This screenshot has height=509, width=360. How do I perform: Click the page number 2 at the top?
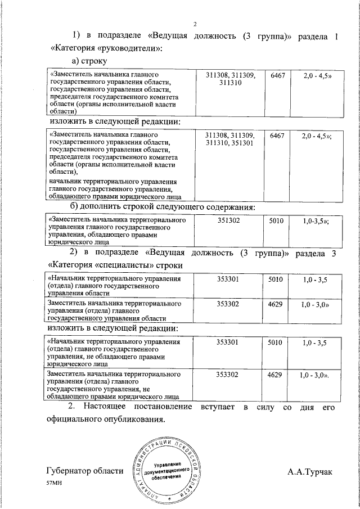point(195,24)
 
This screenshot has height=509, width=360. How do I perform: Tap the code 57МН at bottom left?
point(55,483)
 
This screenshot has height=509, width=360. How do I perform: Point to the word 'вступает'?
point(217,406)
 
